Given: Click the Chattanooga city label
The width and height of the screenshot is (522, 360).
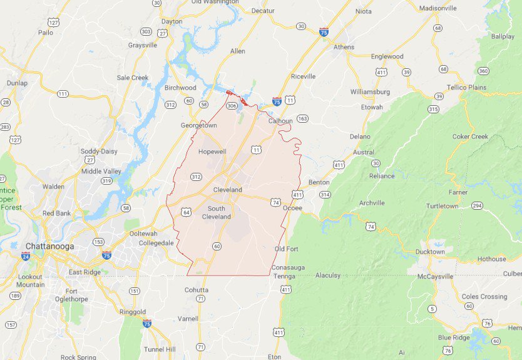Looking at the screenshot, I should (49, 246).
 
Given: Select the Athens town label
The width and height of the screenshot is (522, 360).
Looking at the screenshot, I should (344, 47).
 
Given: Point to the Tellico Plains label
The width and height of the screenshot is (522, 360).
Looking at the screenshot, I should (466, 87).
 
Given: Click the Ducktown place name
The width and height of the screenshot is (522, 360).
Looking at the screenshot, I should (431, 252).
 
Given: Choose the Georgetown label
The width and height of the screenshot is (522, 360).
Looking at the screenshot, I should (198, 125).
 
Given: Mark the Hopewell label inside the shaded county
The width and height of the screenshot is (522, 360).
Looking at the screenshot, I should (211, 152).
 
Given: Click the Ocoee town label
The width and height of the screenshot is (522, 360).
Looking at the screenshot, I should (292, 208).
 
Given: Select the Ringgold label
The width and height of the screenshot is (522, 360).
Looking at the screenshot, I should (132, 312).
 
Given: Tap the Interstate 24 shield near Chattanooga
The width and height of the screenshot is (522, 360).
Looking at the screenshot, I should (26, 256).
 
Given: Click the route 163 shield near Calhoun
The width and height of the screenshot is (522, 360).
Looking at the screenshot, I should (303, 118).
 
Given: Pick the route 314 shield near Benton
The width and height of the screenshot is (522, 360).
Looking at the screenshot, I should (325, 195).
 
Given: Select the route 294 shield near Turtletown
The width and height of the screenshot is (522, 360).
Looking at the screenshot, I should (477, 205).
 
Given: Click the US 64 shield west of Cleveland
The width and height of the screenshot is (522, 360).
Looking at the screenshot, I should (187, 212).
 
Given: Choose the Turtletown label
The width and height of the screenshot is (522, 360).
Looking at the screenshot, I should (443, 206).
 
